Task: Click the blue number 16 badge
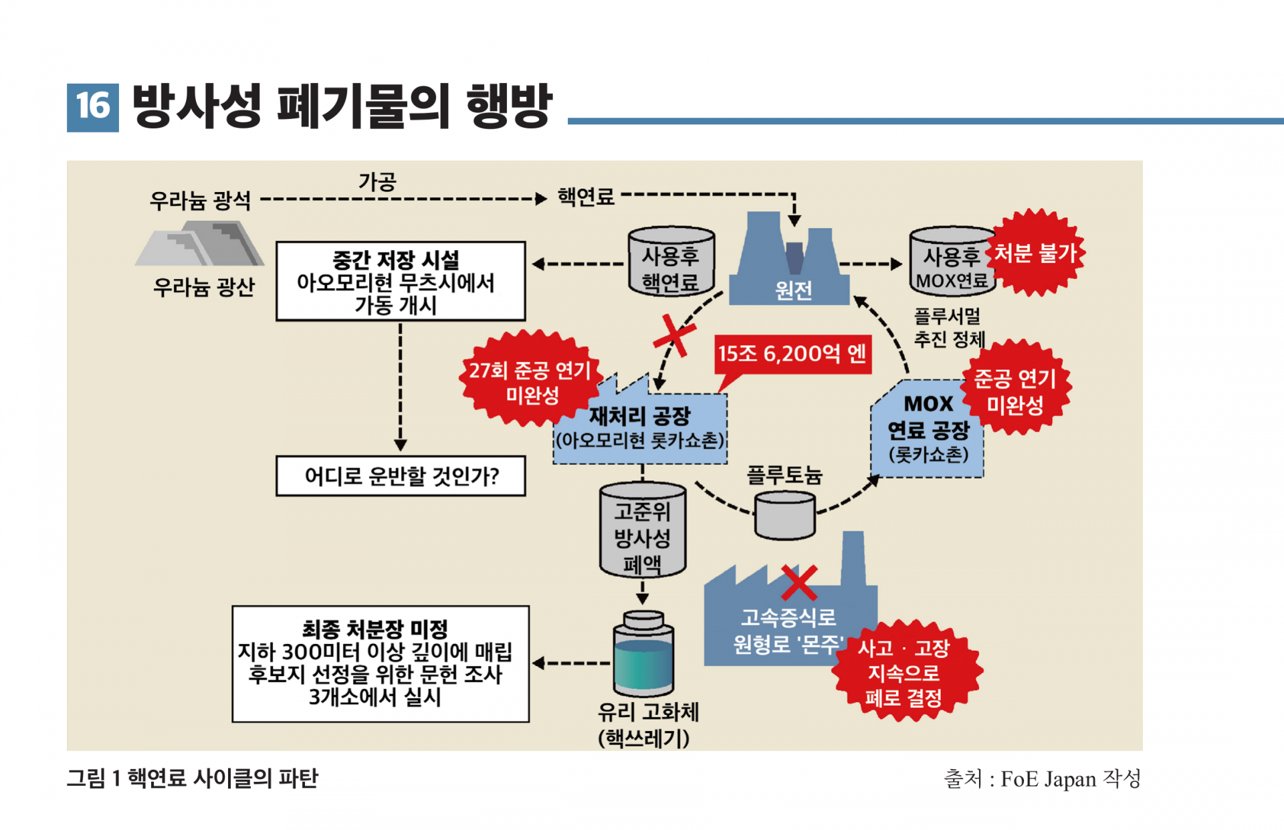(x=93, y=107)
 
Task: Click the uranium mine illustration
(x=200, y=243)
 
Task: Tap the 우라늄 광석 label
(x=200, y=200)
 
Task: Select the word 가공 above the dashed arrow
(x=378, y=181)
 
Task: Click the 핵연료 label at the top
(x=586, y=197)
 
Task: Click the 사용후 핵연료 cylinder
(x=671, y=262)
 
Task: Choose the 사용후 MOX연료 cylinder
(x=952, y=262)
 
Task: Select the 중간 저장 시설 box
(x=401, y=282)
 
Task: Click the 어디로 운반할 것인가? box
(x=401, y=476)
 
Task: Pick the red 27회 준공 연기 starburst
(x=530, y=379)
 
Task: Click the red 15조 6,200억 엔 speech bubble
(x=792, y=354)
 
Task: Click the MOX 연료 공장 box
(x=928, y=429)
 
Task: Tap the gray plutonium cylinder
(x=784, y=515)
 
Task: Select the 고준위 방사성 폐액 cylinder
(x=643, y=530)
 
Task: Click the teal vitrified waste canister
(x=643, y=653)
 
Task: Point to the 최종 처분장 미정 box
(x=381, y=664)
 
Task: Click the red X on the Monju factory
(x=799, y=583)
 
